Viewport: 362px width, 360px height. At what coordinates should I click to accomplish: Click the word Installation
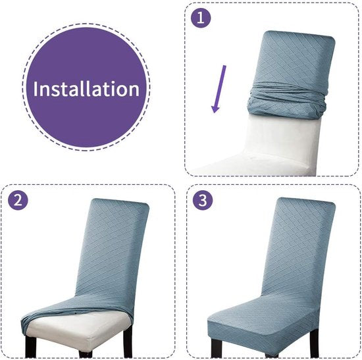86,89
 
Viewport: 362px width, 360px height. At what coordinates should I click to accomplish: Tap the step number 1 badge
201,18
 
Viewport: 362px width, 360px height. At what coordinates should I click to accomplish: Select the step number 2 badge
18,200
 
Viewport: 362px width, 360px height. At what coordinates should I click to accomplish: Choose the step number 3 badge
203,200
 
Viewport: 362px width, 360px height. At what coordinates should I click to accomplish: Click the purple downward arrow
219,89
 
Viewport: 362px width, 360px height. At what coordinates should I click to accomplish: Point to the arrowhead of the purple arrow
215,109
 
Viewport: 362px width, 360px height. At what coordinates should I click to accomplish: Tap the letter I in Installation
36,89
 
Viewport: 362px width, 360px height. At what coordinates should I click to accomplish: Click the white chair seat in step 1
254,164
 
